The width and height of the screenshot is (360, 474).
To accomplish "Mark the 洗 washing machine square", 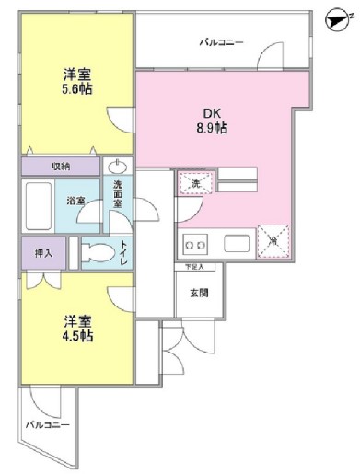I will [195, 183].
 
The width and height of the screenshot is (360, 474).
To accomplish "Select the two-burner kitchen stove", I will [196, 245].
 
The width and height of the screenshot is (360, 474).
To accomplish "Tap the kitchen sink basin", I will [235, 245].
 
